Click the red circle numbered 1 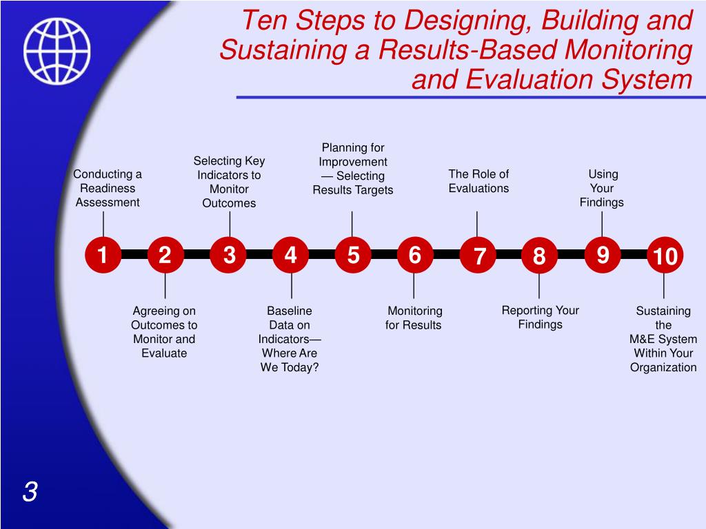click(103, 256)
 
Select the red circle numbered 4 click(291, 256)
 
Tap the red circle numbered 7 click(479, 257)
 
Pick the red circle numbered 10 click(665, 257)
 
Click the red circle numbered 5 click(353, 256)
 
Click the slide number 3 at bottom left click(30, 492)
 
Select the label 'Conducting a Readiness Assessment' click(108, 188)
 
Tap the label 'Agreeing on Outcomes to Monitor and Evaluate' click(164, 332)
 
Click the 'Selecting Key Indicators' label click(229, 182)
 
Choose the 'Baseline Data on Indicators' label click(290, 339)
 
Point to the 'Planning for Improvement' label click(353, 169)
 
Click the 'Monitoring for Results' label click(414, 318)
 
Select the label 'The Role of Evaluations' click(478, 181)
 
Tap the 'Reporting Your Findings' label click(540, 318)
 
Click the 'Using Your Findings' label click(602, 188)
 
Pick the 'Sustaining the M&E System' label click(663, 339)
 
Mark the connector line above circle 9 click(603, 224)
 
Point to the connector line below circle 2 click(165, 286)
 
